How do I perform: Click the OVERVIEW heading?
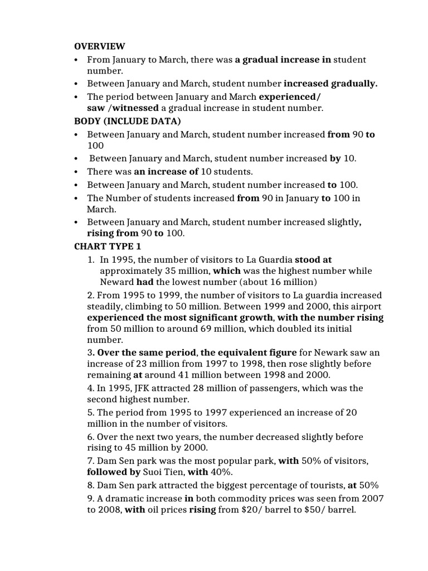click(100, 46)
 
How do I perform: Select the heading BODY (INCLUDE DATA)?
click(120, 120)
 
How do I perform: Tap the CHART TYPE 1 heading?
click(104, 246)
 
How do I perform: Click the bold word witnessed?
click(135, 108)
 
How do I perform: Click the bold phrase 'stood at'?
click(313, 259)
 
